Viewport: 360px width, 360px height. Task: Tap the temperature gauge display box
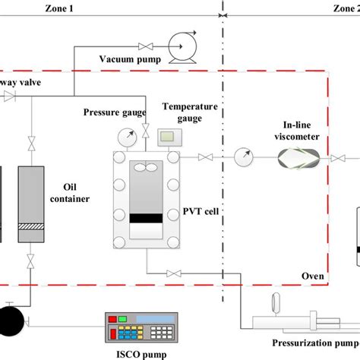(168, 137)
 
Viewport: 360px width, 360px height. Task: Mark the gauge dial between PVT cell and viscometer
(242, 158)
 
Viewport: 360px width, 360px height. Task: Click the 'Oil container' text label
(77, 192)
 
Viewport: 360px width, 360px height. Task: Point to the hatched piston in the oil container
(31, 225)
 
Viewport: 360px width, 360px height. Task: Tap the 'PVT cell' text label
(201, 211)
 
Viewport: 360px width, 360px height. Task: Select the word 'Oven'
(312, 276)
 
